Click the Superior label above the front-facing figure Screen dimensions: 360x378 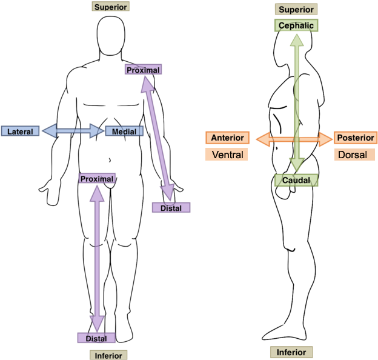[x=110, y=7]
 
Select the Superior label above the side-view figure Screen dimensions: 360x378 [x=296, y=10]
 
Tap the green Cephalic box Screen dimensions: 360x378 [x=296, y=25]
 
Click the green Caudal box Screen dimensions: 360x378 [x=296, y=181]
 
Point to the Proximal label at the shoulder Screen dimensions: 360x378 [x=144, y=70]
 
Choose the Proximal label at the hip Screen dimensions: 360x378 [x=97, y=179]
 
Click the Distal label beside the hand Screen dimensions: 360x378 [x=171, y=208]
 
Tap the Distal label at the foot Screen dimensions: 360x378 [x=96, y=338]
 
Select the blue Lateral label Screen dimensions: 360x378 [x=20, y=131]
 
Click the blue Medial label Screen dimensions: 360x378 [x=125, y=131]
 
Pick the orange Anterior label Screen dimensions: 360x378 [x=227, y=138]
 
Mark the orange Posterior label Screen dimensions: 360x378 [x=356, y=138]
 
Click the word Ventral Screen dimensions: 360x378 [x=227, y=155]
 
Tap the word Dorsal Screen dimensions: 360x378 [x=352, y=155]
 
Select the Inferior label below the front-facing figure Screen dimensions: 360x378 [x=108, y=355]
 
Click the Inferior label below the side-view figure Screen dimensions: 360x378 [x=291, y=352]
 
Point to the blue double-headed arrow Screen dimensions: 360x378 [x=73, y=130]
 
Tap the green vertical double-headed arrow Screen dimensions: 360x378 [x=296, y=103]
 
